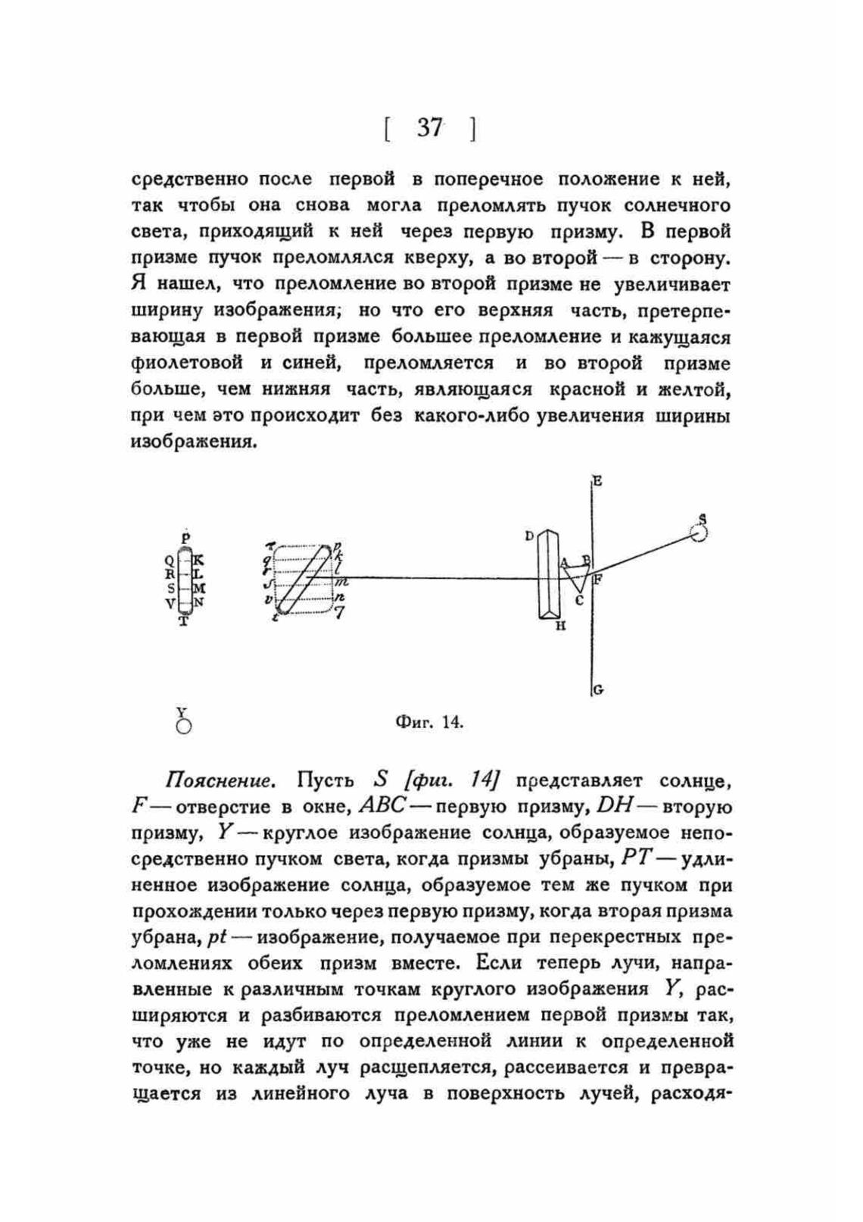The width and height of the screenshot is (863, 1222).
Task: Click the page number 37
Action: click(429, 128)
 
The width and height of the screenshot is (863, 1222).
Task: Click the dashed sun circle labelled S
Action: click(699, 533)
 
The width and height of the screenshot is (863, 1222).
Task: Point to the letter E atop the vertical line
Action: click(598, 480)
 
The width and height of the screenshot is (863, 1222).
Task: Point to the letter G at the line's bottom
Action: click(598, 690)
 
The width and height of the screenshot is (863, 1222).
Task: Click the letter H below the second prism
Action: click(561, 627)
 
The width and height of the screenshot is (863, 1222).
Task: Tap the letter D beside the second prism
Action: click(529, 536)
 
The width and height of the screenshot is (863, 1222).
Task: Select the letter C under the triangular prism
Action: click(579, 601)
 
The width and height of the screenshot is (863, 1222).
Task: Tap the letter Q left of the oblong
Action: click(169, 561)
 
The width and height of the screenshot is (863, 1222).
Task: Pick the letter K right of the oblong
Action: click(199, 561)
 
